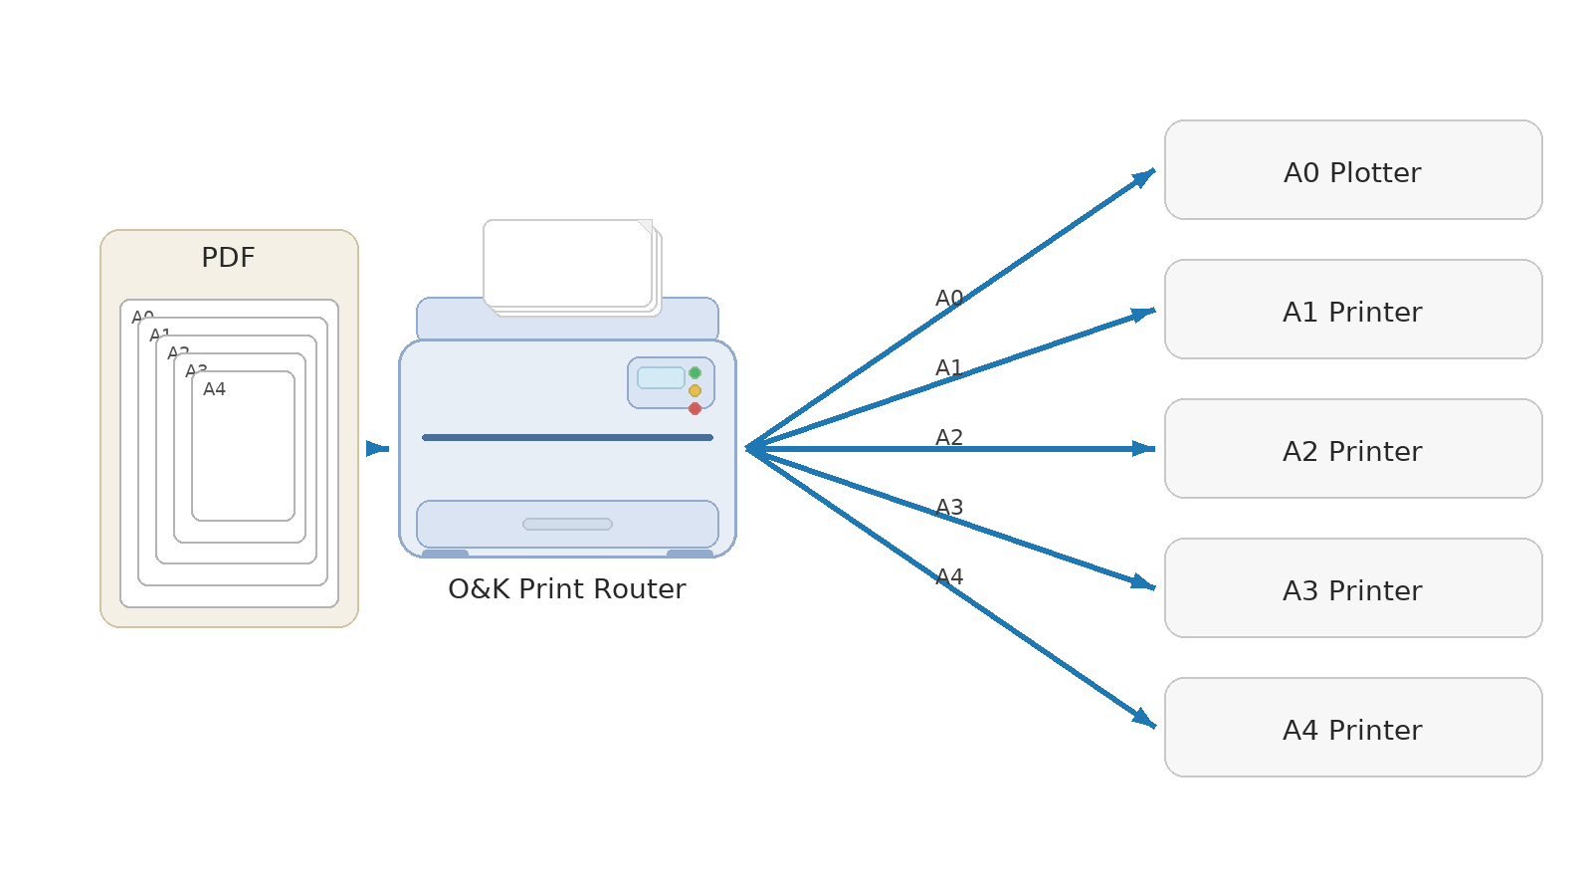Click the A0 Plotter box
pyautogui.click(x=1353, y=170)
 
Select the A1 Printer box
pyautogui.click(x=1353, y=310)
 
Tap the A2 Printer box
pyautogui.click(x=1353, y=449)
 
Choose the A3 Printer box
pyautogui.click(x=1353, y=588)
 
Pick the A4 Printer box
pyautogui.click(x=1353, y=728)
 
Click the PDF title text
pyautogui.click(x=228, y=258)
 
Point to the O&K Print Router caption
pyautogui.click(x=566, y=589)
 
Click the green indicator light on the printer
pyautogui.click(x=695, y=373)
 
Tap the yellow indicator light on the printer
pyautogui.click(x=695, y=391)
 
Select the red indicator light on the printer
pyautogui.click(x=695, y=409)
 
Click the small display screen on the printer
pyautogui.click(x=661, y=378)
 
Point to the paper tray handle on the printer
pyautogui.click(x=567, y=525)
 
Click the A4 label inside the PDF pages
pyautogui.click(x=214, y=389)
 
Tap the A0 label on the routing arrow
pyautogui.click(x=949, y=299)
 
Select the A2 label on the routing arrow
pyautogui.click(x=949, y=438)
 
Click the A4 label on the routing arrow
pyautogui.click(x=949, y=577)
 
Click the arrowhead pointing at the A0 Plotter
pyautogui.click(x=1143, y=178)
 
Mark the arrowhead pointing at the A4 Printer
pyautogui.click(x=1143, y=719)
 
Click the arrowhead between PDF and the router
pyautogui.click(x=375, y=449)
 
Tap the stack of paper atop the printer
pyautogui.click(x=569, y=265)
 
